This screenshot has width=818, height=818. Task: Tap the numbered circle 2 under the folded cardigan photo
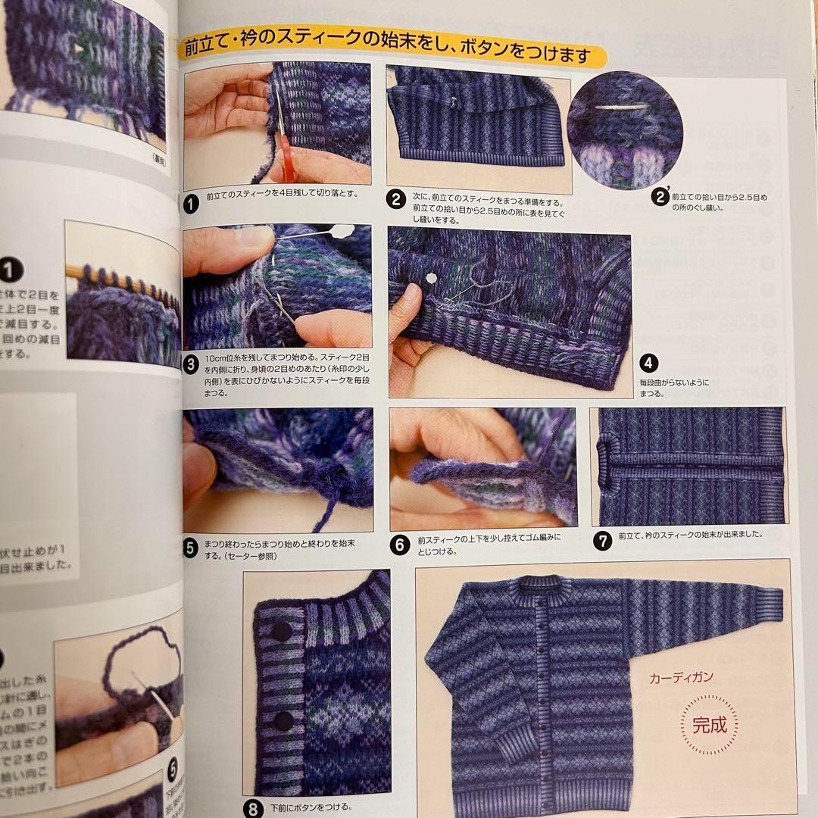(x=396, y=200)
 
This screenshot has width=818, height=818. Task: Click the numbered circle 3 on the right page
(x=192, y=364)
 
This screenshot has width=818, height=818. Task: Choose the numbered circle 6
(x=400, y=543)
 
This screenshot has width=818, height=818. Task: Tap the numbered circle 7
(x=602, y=541)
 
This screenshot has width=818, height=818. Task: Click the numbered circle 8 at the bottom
(x=253, y=807)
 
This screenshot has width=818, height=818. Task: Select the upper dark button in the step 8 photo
(x=283, y=631)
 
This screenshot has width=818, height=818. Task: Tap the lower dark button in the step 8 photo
(x=283, y=721)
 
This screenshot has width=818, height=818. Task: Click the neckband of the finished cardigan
(x=550, y=585)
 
